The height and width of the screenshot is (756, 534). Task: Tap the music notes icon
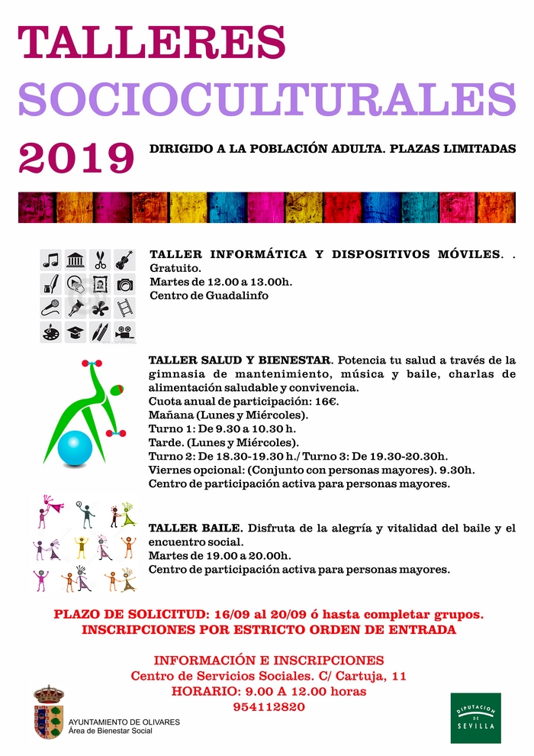point(50,260)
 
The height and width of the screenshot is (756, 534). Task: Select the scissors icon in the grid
point(100,260)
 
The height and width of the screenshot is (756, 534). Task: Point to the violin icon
point(124,260)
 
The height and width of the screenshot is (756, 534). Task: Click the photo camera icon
point(124,284)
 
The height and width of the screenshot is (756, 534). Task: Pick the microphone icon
point(50,308)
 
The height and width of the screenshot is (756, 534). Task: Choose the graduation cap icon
point(76,332)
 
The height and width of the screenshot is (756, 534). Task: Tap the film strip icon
point(124,308)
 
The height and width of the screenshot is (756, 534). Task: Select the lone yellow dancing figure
point(82,547)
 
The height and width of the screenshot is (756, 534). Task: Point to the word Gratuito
point(176,268)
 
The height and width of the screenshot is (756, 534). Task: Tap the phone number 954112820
point(269,706)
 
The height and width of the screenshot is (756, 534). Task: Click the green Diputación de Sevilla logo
point(475,718)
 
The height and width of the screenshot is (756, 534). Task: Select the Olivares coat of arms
point(49,712)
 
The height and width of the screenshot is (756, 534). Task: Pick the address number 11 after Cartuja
point(398,676)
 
